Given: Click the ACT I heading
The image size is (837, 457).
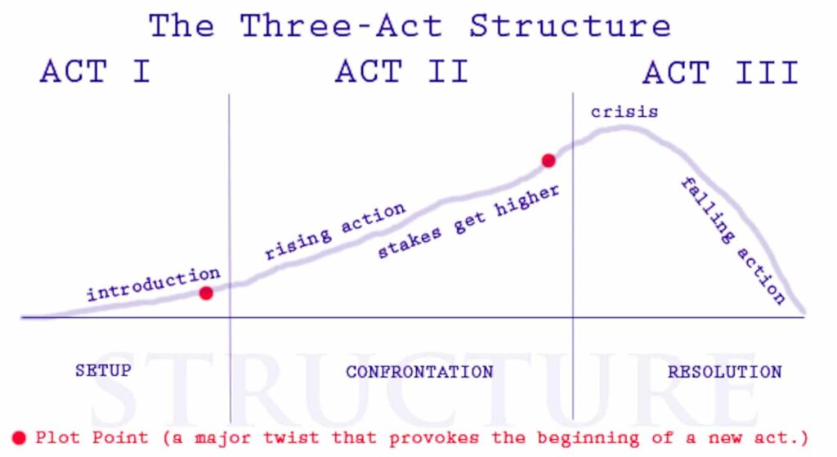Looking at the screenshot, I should [95, 72].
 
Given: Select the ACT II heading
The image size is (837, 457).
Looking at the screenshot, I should [401, 72].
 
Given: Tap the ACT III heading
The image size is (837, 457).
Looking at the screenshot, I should [720, 73].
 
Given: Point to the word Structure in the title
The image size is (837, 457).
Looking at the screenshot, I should [570, 26].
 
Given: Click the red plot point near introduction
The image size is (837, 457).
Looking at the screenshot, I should [206, 293].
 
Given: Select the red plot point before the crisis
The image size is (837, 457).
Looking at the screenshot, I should [548, 161].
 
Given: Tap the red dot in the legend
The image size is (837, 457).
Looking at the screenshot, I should [20, 437].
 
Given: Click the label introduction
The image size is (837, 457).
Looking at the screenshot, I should [153, 283].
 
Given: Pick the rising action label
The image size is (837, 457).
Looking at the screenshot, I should [334, 231].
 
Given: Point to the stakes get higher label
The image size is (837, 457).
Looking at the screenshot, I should [468, 222].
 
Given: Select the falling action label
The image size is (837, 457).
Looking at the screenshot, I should [733, 240].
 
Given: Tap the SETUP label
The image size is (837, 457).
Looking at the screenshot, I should [103, 371].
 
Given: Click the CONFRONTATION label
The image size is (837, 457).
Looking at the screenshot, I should [419, 372].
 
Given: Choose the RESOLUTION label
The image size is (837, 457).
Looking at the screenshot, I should [724, 372].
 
